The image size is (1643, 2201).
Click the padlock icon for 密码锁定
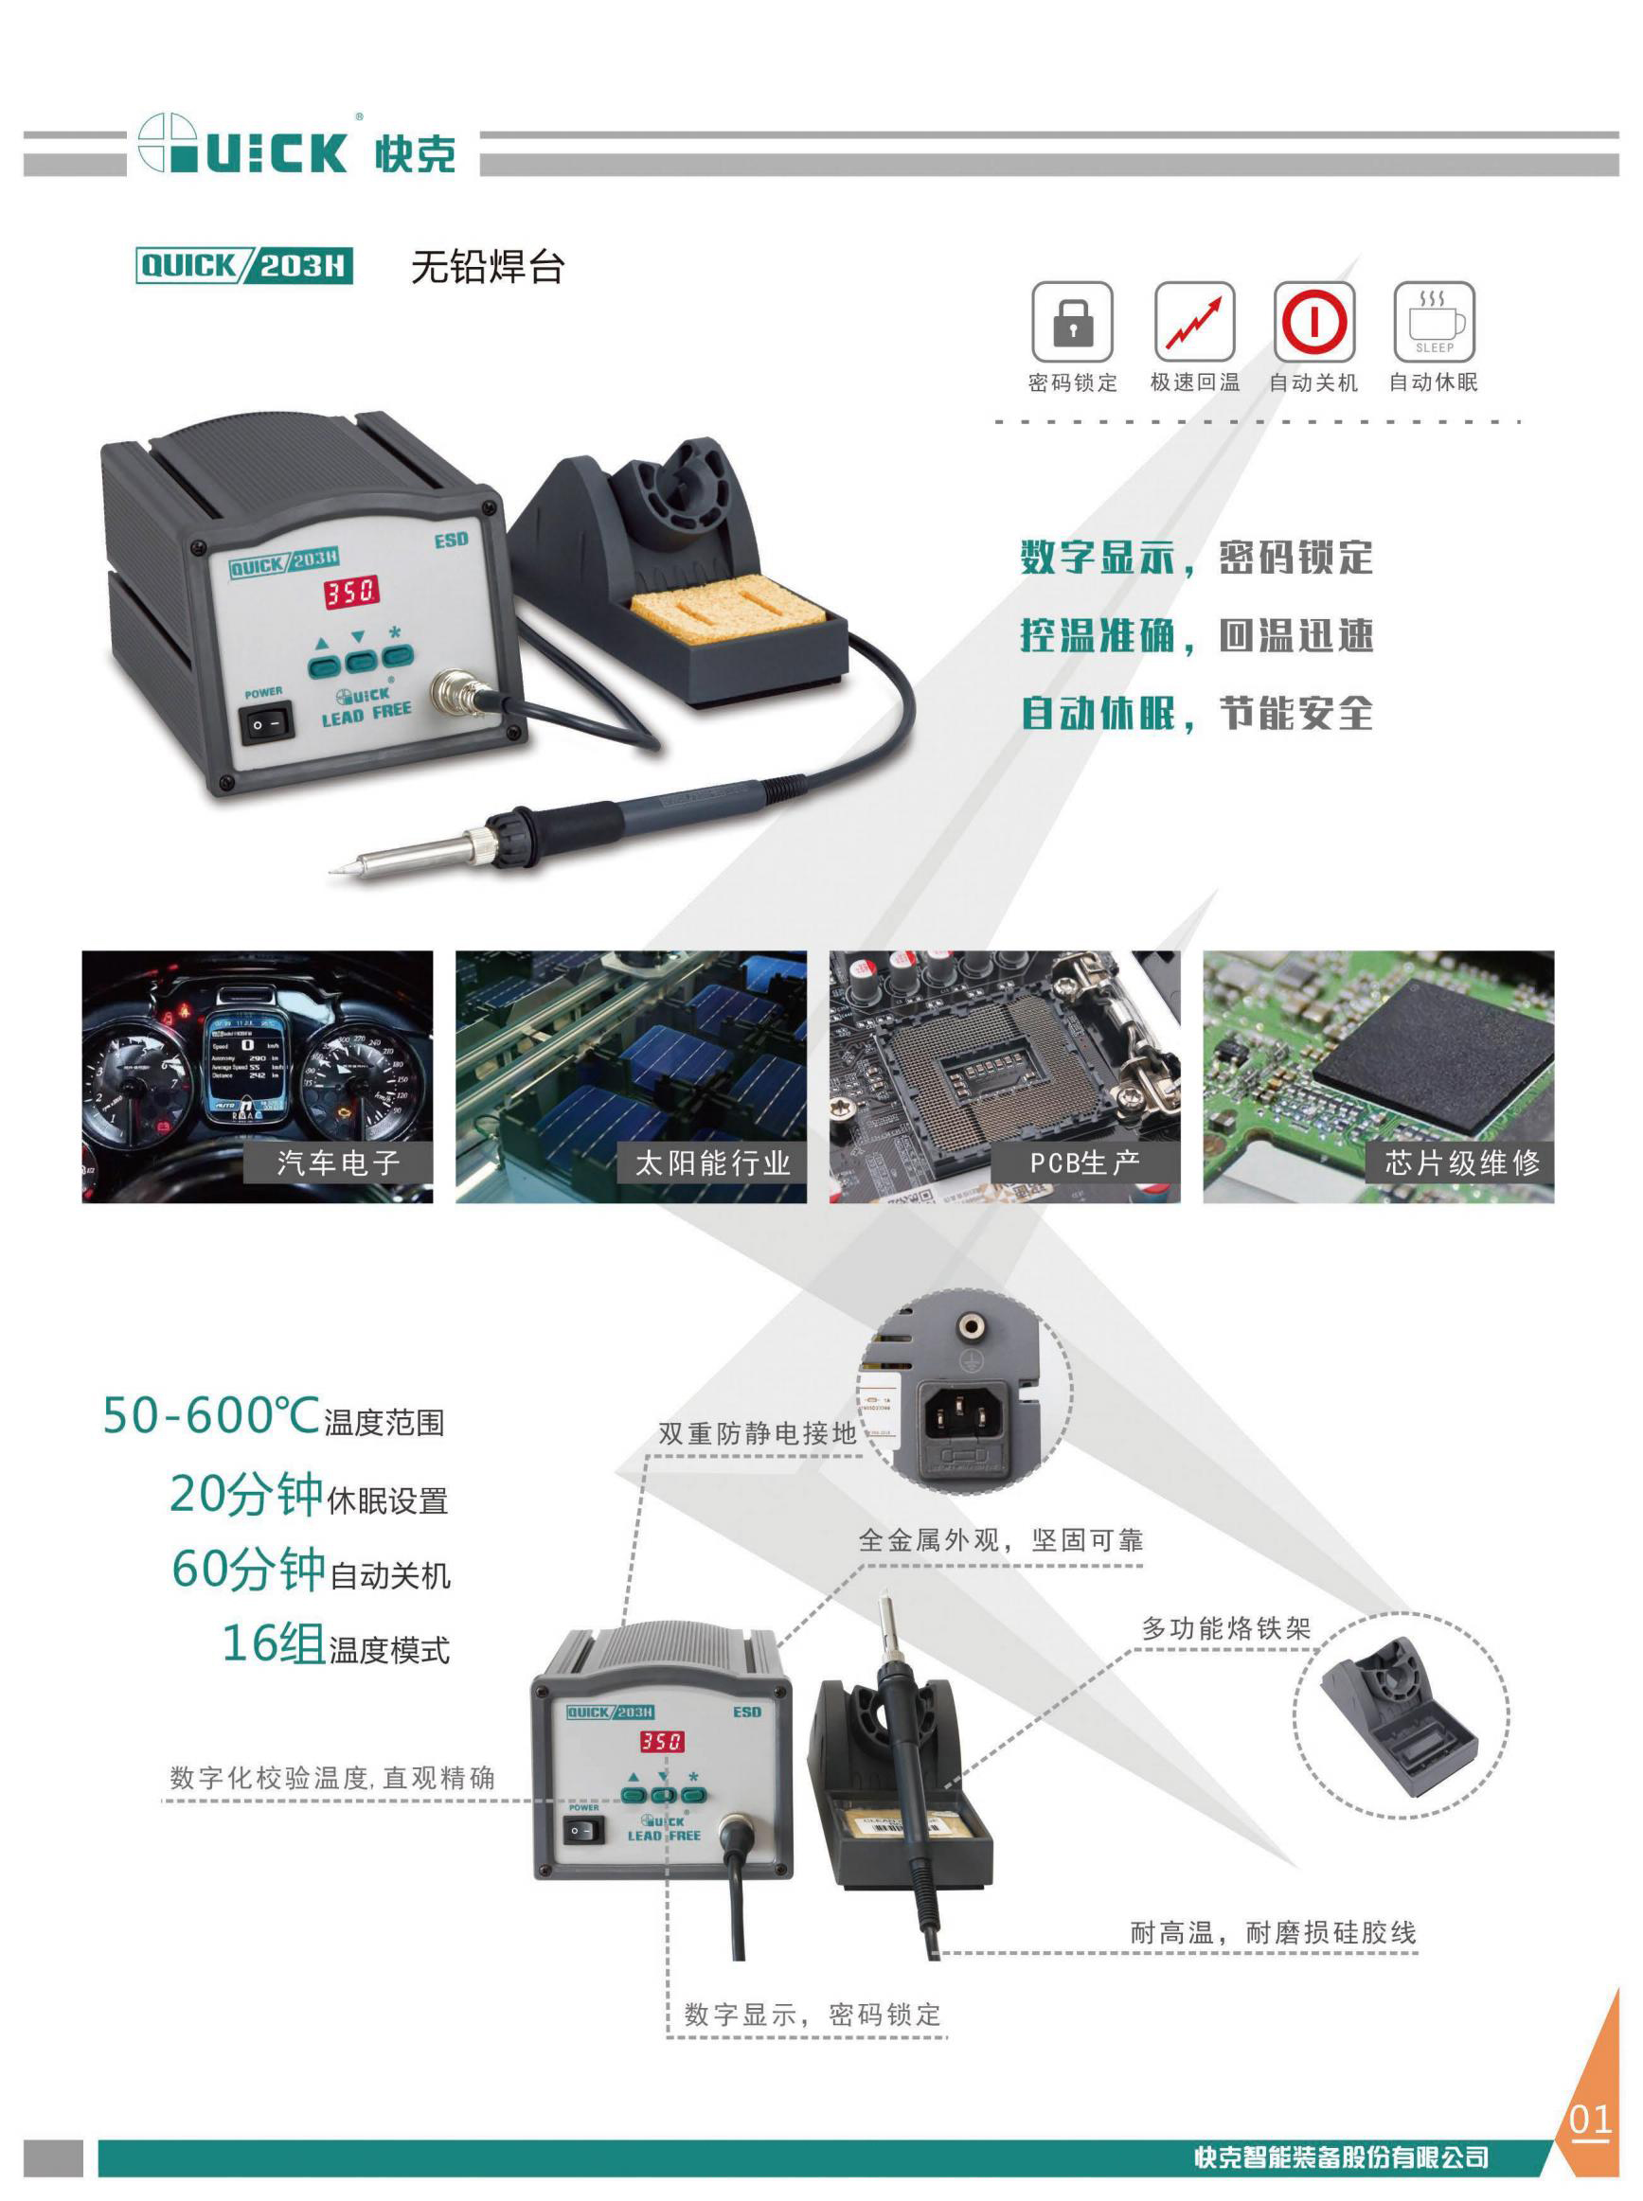click(1071, 321)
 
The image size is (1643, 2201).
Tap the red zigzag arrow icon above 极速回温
click(1193, 321)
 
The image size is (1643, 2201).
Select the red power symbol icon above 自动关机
click(1313, 321)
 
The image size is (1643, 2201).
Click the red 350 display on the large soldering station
click(350, 593)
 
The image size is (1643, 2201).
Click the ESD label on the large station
click(451, 540)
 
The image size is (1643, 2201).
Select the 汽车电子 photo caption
click(338, 1163)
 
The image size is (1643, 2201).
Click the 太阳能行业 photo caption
click(712, 1163)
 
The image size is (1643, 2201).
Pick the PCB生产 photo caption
click(1085, 1163)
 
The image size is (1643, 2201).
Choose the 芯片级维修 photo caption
click(1462, 1163)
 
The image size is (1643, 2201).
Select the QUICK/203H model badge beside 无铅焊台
click(243, 265)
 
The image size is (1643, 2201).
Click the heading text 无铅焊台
click(488, 266)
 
